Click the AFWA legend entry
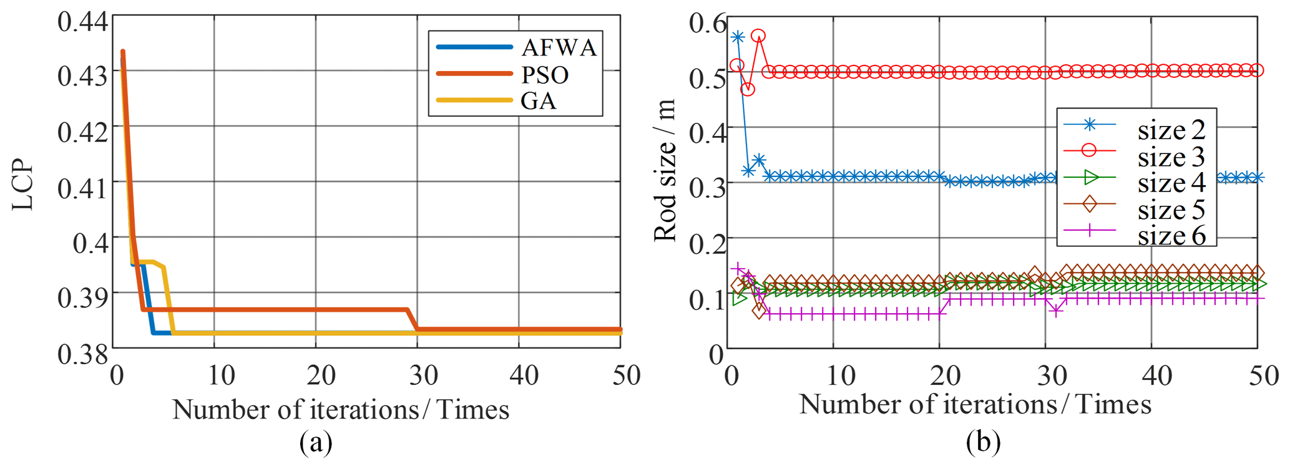coord(559,47)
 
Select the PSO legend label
coord(545,75)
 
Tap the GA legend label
coord(538,101)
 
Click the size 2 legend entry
coord(1171,130)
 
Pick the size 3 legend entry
coord(1171,157)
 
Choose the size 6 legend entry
coord(1171,236)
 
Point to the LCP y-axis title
coord(22,185)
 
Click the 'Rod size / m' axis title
coord(665,170)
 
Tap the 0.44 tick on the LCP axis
coord(82,21)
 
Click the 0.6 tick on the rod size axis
coord(708,24)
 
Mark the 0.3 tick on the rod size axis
coord(708,186)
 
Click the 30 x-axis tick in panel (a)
coord(423,375)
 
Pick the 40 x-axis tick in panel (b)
coord(1156,375)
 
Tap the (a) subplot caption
coord(316,443)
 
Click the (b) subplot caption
coord(983,442)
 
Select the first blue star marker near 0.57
coord(738,37)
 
